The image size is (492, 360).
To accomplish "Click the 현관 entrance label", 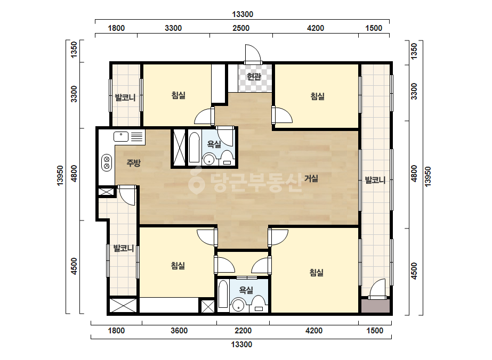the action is coord(254,76).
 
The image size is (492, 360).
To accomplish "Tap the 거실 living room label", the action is coord(311,178).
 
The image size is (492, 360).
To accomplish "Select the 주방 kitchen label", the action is coord(133,163).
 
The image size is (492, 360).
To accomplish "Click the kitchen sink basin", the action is coord(121,136).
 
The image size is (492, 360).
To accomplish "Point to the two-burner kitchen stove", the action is coord(107,163).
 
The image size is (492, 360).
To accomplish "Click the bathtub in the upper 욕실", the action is coord(194,148).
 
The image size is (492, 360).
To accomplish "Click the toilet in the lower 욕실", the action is coord(259,304).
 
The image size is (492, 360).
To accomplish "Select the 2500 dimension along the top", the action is coord(241,28).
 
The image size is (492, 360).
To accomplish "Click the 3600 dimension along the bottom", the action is coord(179,331).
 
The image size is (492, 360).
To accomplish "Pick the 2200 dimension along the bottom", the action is coord(243,331).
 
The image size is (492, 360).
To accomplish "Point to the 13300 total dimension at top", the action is coord(243,14).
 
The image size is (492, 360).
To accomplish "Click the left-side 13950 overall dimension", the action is coord(60,176).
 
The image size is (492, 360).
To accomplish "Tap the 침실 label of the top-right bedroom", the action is coord(318,96).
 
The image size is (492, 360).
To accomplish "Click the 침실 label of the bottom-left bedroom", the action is coord(178,266).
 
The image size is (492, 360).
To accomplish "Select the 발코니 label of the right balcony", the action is coord(375,180).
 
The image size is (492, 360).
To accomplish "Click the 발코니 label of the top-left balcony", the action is coord(125,97).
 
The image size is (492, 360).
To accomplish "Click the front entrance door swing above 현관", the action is coord(253,54).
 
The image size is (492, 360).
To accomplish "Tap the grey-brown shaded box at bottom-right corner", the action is coord(375,306).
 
